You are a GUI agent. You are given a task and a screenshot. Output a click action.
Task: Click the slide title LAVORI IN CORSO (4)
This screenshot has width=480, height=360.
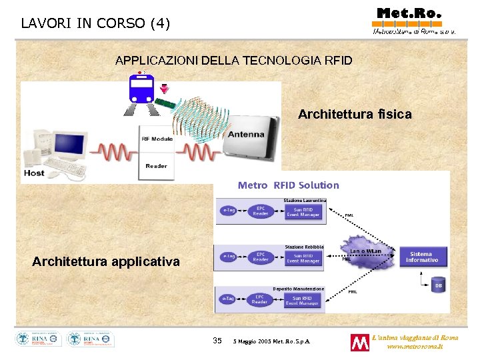point(95,23)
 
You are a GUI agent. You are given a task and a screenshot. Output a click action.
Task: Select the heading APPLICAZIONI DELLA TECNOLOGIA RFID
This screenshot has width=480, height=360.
point(233,61)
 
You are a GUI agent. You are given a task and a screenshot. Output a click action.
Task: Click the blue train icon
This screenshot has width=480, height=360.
point(141,88)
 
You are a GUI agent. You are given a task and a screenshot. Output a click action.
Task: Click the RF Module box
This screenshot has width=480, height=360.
point(157,139)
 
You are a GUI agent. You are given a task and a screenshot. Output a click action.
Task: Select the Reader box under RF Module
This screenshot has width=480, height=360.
point(157,166)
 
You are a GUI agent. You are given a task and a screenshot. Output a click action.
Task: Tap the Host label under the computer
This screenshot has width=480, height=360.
point(34,173)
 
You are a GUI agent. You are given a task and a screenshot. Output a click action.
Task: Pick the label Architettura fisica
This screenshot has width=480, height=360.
point(355,115)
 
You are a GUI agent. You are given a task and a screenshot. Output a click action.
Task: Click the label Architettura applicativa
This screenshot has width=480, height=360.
point(105,262)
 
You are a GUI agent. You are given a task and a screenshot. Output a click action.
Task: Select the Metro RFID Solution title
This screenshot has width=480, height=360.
point(288,185)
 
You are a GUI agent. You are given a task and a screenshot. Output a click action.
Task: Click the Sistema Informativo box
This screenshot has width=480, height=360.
point(421,257)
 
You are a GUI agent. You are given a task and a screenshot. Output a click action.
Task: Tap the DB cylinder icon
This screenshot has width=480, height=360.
point(438,285)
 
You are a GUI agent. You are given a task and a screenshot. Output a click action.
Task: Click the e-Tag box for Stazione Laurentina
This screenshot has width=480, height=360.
point(229,211)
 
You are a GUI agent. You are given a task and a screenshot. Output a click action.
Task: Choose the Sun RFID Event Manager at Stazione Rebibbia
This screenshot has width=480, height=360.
point(303,257)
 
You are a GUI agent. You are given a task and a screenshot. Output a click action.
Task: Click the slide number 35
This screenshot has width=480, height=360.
point(217,341)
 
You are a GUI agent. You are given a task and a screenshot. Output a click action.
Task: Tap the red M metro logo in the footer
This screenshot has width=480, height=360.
point(359,343)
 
